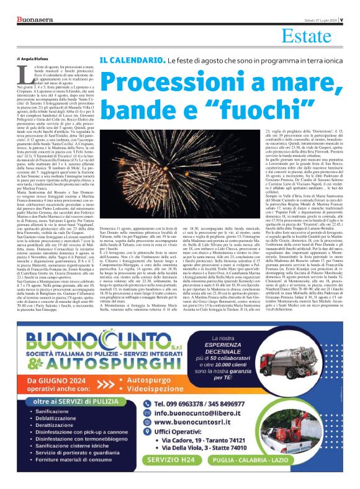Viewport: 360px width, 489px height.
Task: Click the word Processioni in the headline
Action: [x=180, y=82]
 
